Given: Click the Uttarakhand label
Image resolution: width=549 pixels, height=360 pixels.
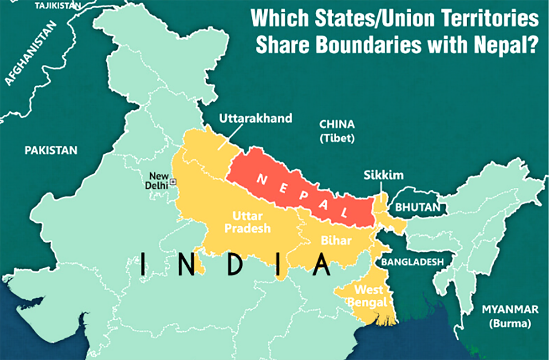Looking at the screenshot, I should click(254, 119).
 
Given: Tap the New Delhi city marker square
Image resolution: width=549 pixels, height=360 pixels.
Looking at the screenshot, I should click(173, 181).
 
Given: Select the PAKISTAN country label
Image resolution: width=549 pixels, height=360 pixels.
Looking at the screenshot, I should click(51, 151).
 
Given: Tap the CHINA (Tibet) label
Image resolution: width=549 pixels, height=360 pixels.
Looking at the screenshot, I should click(336, 130).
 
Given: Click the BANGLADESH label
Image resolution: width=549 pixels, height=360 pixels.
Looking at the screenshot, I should click(413, 261).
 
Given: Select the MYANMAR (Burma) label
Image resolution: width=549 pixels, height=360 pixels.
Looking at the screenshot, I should click(510, 316).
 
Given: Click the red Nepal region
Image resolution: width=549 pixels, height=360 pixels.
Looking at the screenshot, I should click(294, 184).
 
